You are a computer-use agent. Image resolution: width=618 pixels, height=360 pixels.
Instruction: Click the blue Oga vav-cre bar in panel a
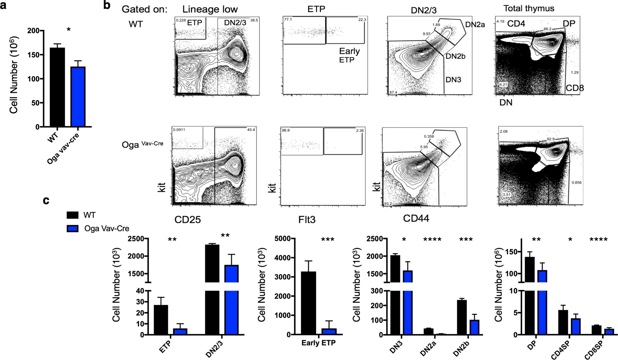point(78,97)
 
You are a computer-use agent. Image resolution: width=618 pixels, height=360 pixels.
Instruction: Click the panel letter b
point(106,5)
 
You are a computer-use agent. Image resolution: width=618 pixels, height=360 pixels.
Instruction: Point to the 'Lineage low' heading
point(210,9)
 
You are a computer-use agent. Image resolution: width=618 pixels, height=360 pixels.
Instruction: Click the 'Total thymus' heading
point(529,8)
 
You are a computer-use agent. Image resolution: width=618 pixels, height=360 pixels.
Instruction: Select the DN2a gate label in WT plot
point(475,24)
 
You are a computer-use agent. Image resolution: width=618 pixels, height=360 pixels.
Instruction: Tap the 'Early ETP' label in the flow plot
point(349,55)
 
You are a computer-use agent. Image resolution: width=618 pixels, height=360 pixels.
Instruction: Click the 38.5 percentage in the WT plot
point(254,20)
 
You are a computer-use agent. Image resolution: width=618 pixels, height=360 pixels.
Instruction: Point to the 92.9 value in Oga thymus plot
point(550,139)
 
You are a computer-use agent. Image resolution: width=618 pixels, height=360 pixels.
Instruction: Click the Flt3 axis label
point(307,220)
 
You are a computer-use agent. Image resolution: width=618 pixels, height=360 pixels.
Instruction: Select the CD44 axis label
point(416,218)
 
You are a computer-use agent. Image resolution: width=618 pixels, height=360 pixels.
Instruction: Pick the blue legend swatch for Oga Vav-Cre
point(72,228)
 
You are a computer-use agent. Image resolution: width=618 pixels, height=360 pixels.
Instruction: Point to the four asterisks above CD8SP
point(598,240)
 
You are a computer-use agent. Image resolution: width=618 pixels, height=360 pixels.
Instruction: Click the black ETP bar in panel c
point(161,320)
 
